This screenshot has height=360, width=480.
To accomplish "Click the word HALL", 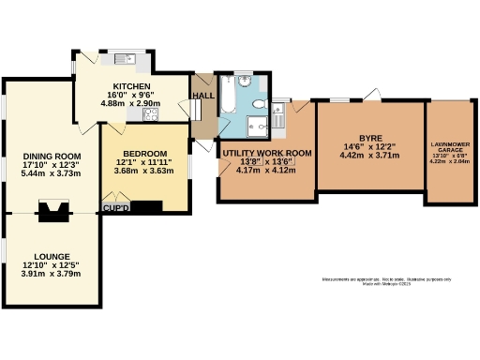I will pyautogui.click(x=202, y=96).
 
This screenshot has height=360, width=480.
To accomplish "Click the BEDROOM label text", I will pyautogui.click(x=145, y=154).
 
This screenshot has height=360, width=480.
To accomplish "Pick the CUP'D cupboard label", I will pyautogui.click(x=115, y=207).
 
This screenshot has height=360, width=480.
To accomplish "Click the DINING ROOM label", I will pyautogui.click(x=51, y=157).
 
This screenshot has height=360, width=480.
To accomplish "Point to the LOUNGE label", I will pyautogui.click(x=52, y=255).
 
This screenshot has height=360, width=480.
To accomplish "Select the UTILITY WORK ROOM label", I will pyautogui.click(x=266, y=152).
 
